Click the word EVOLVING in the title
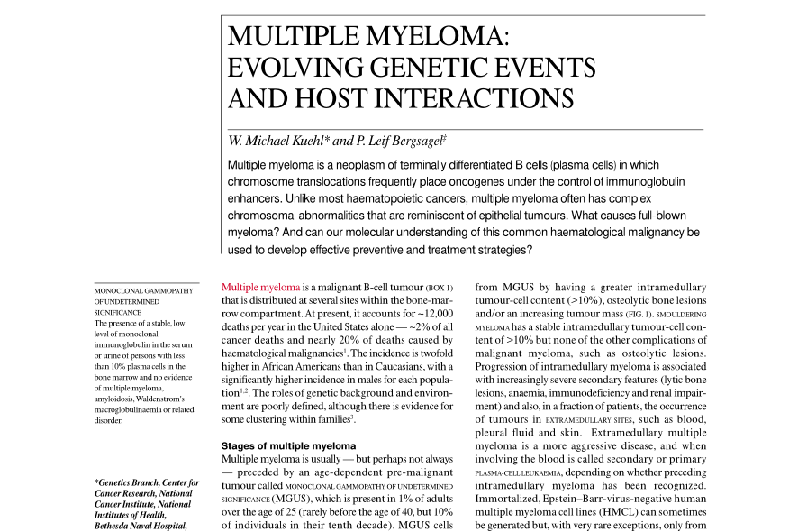coord(294,68)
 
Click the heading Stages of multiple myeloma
coord(288,445)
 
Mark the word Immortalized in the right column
coord(507,494)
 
